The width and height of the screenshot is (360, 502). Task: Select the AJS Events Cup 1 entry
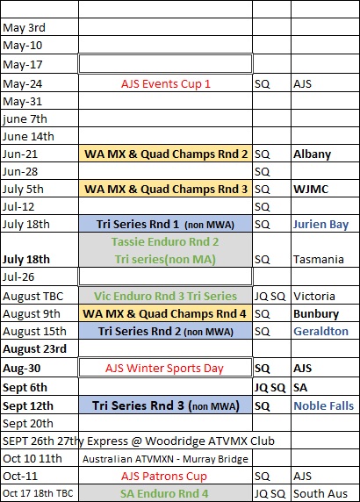166,84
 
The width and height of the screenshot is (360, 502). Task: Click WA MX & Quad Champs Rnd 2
166,154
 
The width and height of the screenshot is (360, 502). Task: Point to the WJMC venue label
311,189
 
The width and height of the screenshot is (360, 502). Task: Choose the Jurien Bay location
320,225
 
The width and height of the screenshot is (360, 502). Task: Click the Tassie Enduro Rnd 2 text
165,241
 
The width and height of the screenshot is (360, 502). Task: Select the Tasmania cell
319,259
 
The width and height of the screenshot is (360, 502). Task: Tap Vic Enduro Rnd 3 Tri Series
165,296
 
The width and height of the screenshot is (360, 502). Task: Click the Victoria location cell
313,296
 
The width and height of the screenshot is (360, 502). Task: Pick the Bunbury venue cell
316,314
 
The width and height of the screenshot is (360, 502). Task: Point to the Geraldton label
320,332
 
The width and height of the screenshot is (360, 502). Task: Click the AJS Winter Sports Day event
164,369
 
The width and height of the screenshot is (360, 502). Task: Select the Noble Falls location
323,405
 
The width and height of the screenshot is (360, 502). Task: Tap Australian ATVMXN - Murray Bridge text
165,459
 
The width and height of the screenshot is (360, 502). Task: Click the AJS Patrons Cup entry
163,477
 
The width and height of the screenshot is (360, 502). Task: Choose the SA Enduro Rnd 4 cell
164,494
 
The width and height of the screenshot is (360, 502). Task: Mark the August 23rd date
34,348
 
